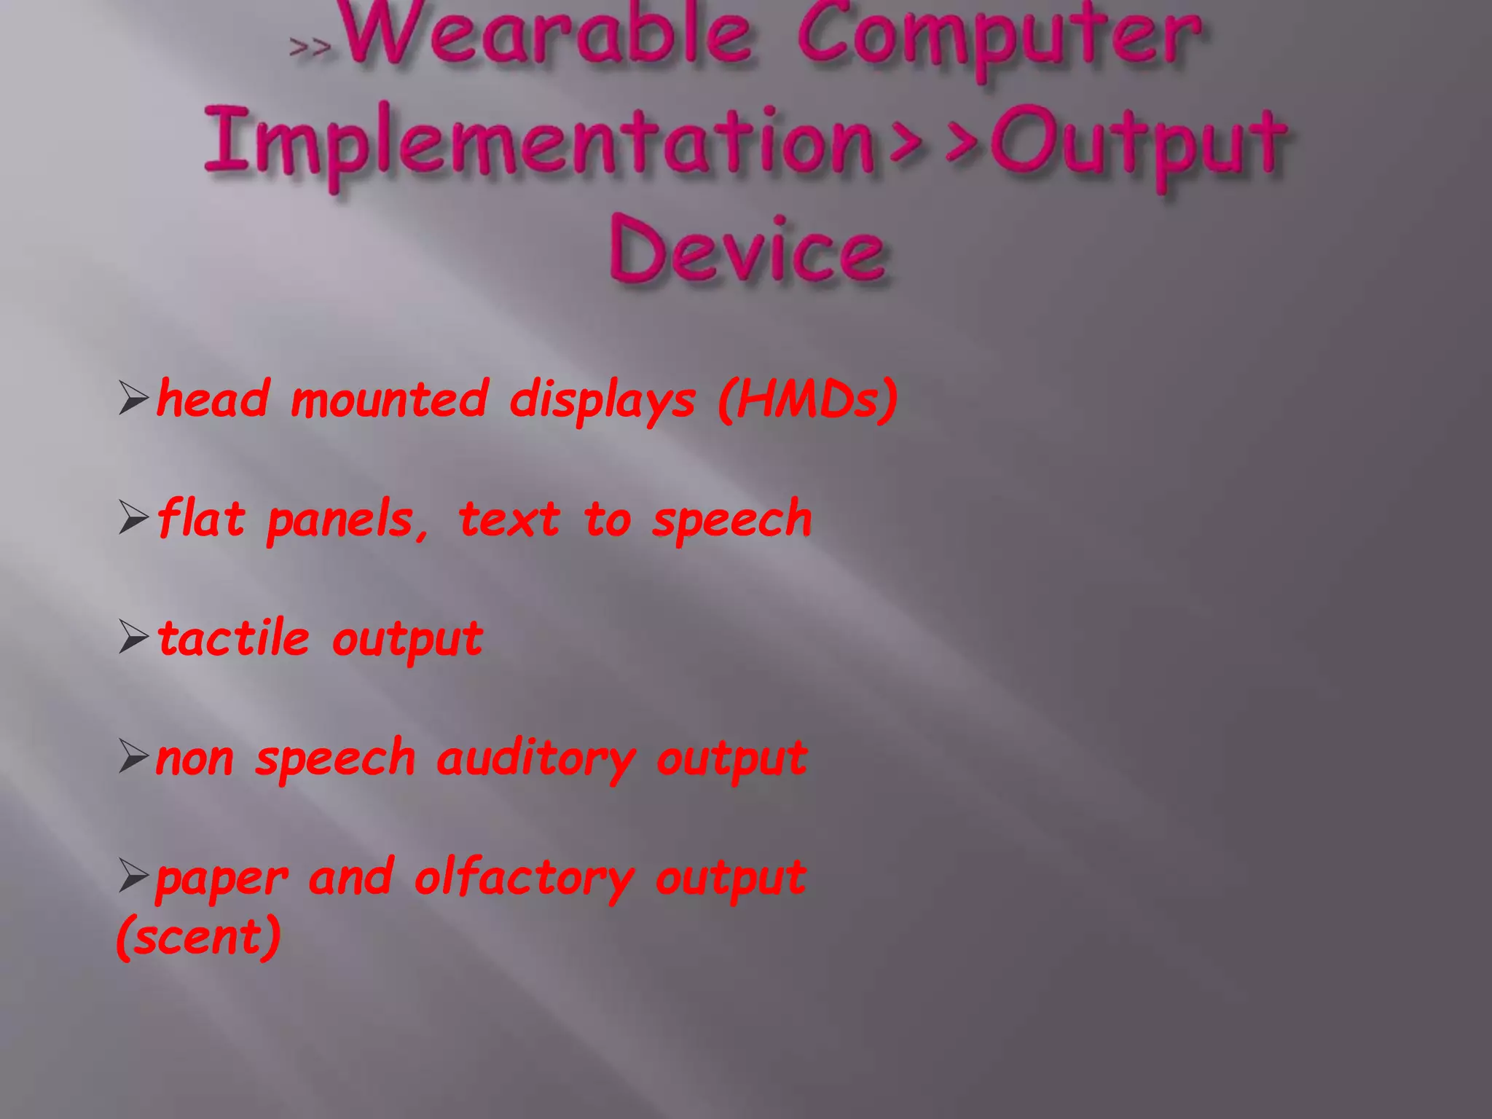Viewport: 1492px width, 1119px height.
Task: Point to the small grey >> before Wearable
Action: [310, 47]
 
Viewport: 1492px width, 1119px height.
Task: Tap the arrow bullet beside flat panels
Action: [133, 518]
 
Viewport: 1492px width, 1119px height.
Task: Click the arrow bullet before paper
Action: [133, 876]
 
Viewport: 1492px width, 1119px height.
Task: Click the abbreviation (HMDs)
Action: [807, 399]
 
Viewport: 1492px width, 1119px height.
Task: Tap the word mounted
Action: [389, 399]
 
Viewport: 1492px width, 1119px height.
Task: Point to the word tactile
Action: [233, 638]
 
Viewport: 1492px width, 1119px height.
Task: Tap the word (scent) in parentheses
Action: [198, 937]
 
